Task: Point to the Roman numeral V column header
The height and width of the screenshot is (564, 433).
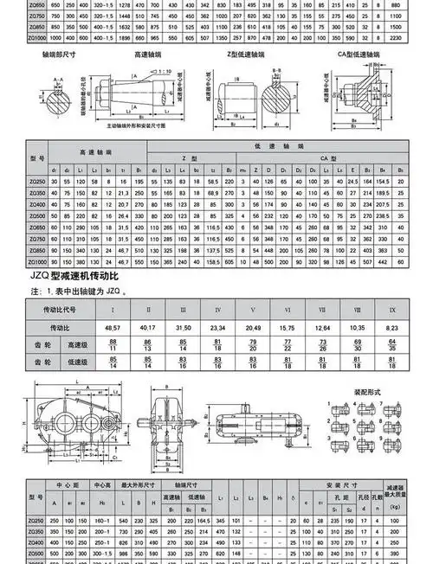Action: (x=252, y=309)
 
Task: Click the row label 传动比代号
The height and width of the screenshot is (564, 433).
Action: (x=60, y=309)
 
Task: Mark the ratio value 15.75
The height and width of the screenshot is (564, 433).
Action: (x=286, y=329)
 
